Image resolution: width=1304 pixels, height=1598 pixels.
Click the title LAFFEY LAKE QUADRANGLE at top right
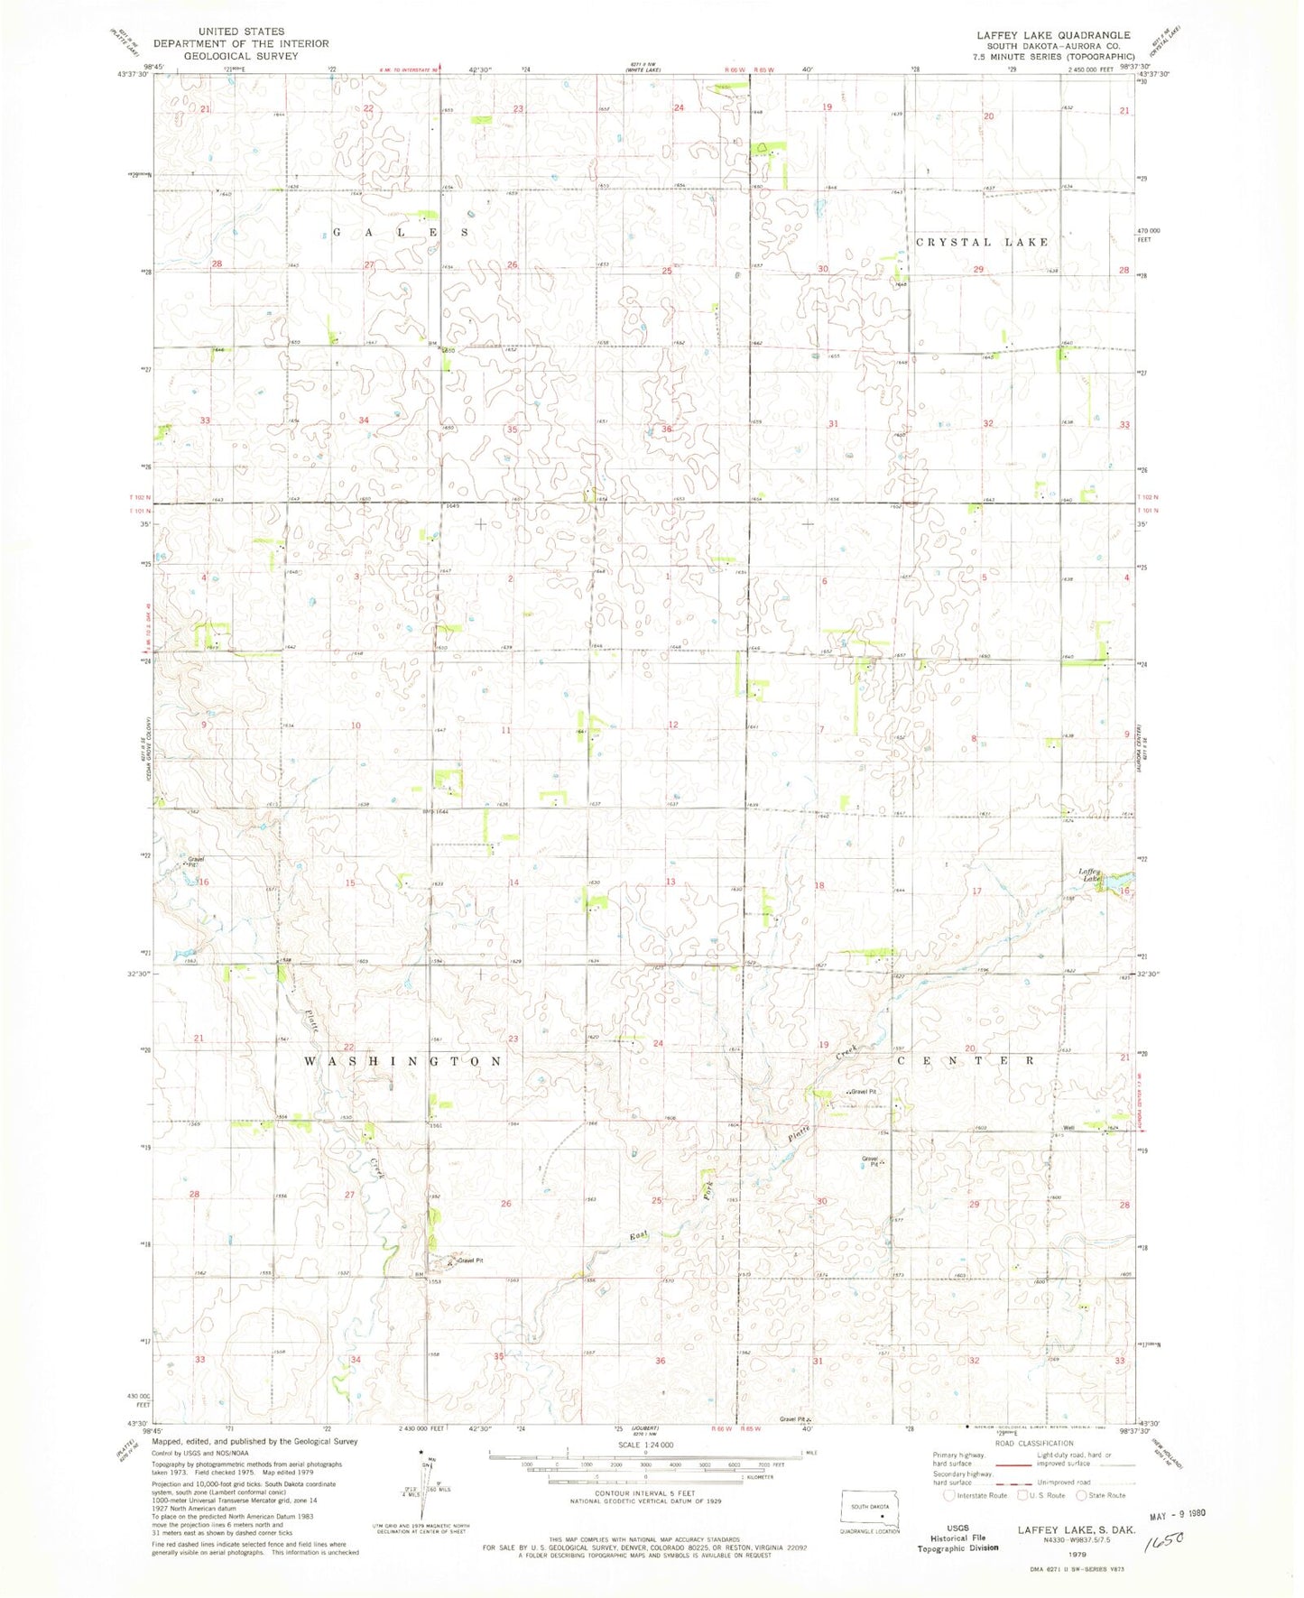(1053, 34)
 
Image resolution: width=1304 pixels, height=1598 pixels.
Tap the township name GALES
(401, 232)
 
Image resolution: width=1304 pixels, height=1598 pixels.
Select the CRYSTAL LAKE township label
(983, 242)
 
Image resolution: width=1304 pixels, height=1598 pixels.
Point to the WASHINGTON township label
(402, 1061)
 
